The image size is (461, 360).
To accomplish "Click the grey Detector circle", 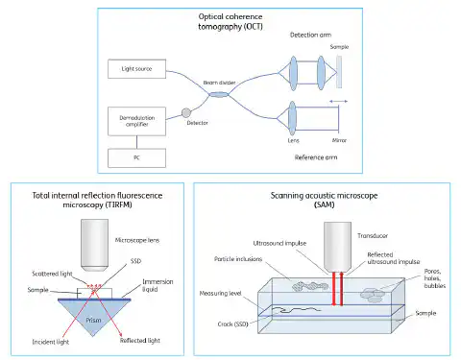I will tap(186, 111).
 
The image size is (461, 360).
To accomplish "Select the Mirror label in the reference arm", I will tap(340, 139).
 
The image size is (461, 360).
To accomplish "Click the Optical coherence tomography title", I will tap(230, 22).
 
